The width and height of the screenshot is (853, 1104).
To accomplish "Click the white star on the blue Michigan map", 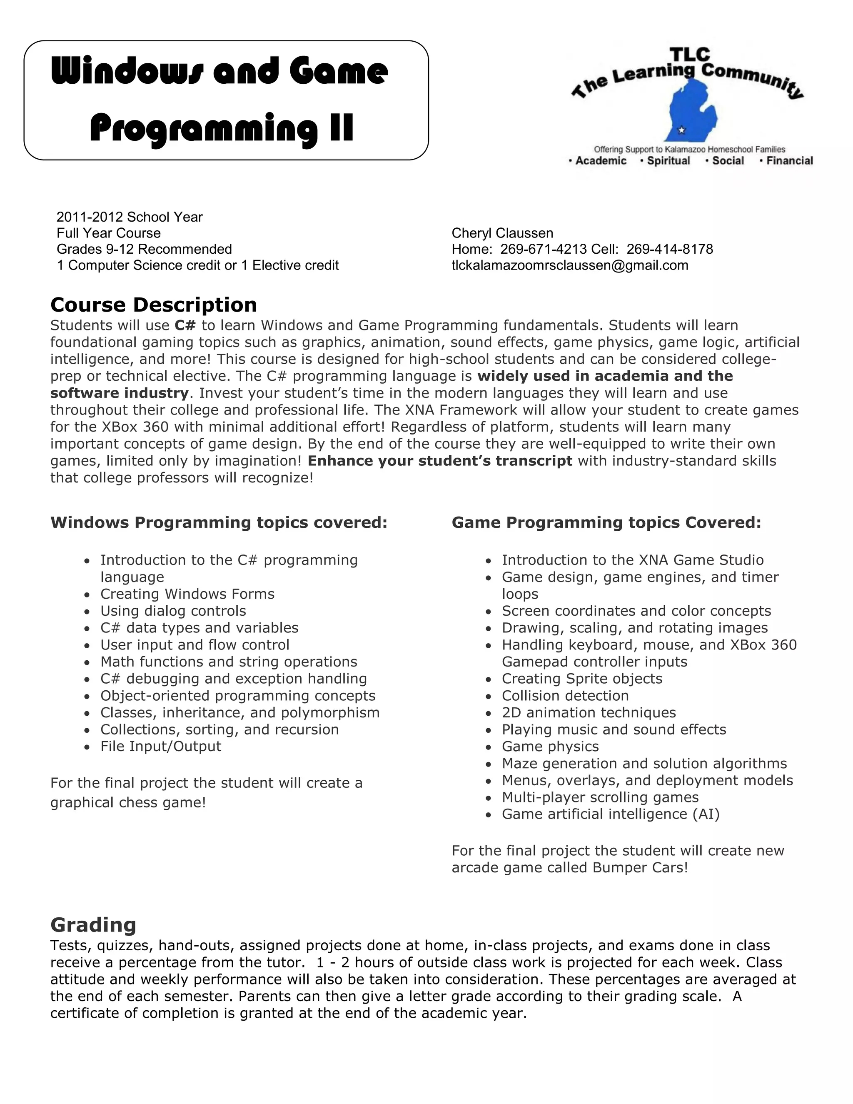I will [x=682, y=130].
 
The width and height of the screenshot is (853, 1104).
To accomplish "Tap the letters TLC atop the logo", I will [x=690, y=55].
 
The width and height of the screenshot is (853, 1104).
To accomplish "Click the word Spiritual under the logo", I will [x=668, y=161].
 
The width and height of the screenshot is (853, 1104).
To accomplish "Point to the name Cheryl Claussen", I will [x=502, y=233].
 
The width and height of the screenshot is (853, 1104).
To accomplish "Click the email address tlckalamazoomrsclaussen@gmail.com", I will [x=569, y=265].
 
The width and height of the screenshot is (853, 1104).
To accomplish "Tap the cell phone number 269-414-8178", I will [x=670, y=249].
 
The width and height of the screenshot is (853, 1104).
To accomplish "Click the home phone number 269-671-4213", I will [x=543, y=249].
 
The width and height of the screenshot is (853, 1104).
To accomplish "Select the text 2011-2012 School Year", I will [x=130, y=217].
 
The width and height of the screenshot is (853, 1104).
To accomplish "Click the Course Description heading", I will [x=154, y=305].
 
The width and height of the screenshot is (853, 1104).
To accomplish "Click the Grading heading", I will [x=93, y=924].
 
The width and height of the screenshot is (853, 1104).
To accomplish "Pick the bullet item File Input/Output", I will [x=161, y=746].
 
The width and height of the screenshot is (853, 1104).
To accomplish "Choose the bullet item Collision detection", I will [x=565, y=696].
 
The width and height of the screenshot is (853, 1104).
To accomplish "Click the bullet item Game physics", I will [x=550, y=746].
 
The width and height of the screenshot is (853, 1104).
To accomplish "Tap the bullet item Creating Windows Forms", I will [x=187, y=594].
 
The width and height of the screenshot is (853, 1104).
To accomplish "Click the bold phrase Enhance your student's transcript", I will [x=440, y=461].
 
